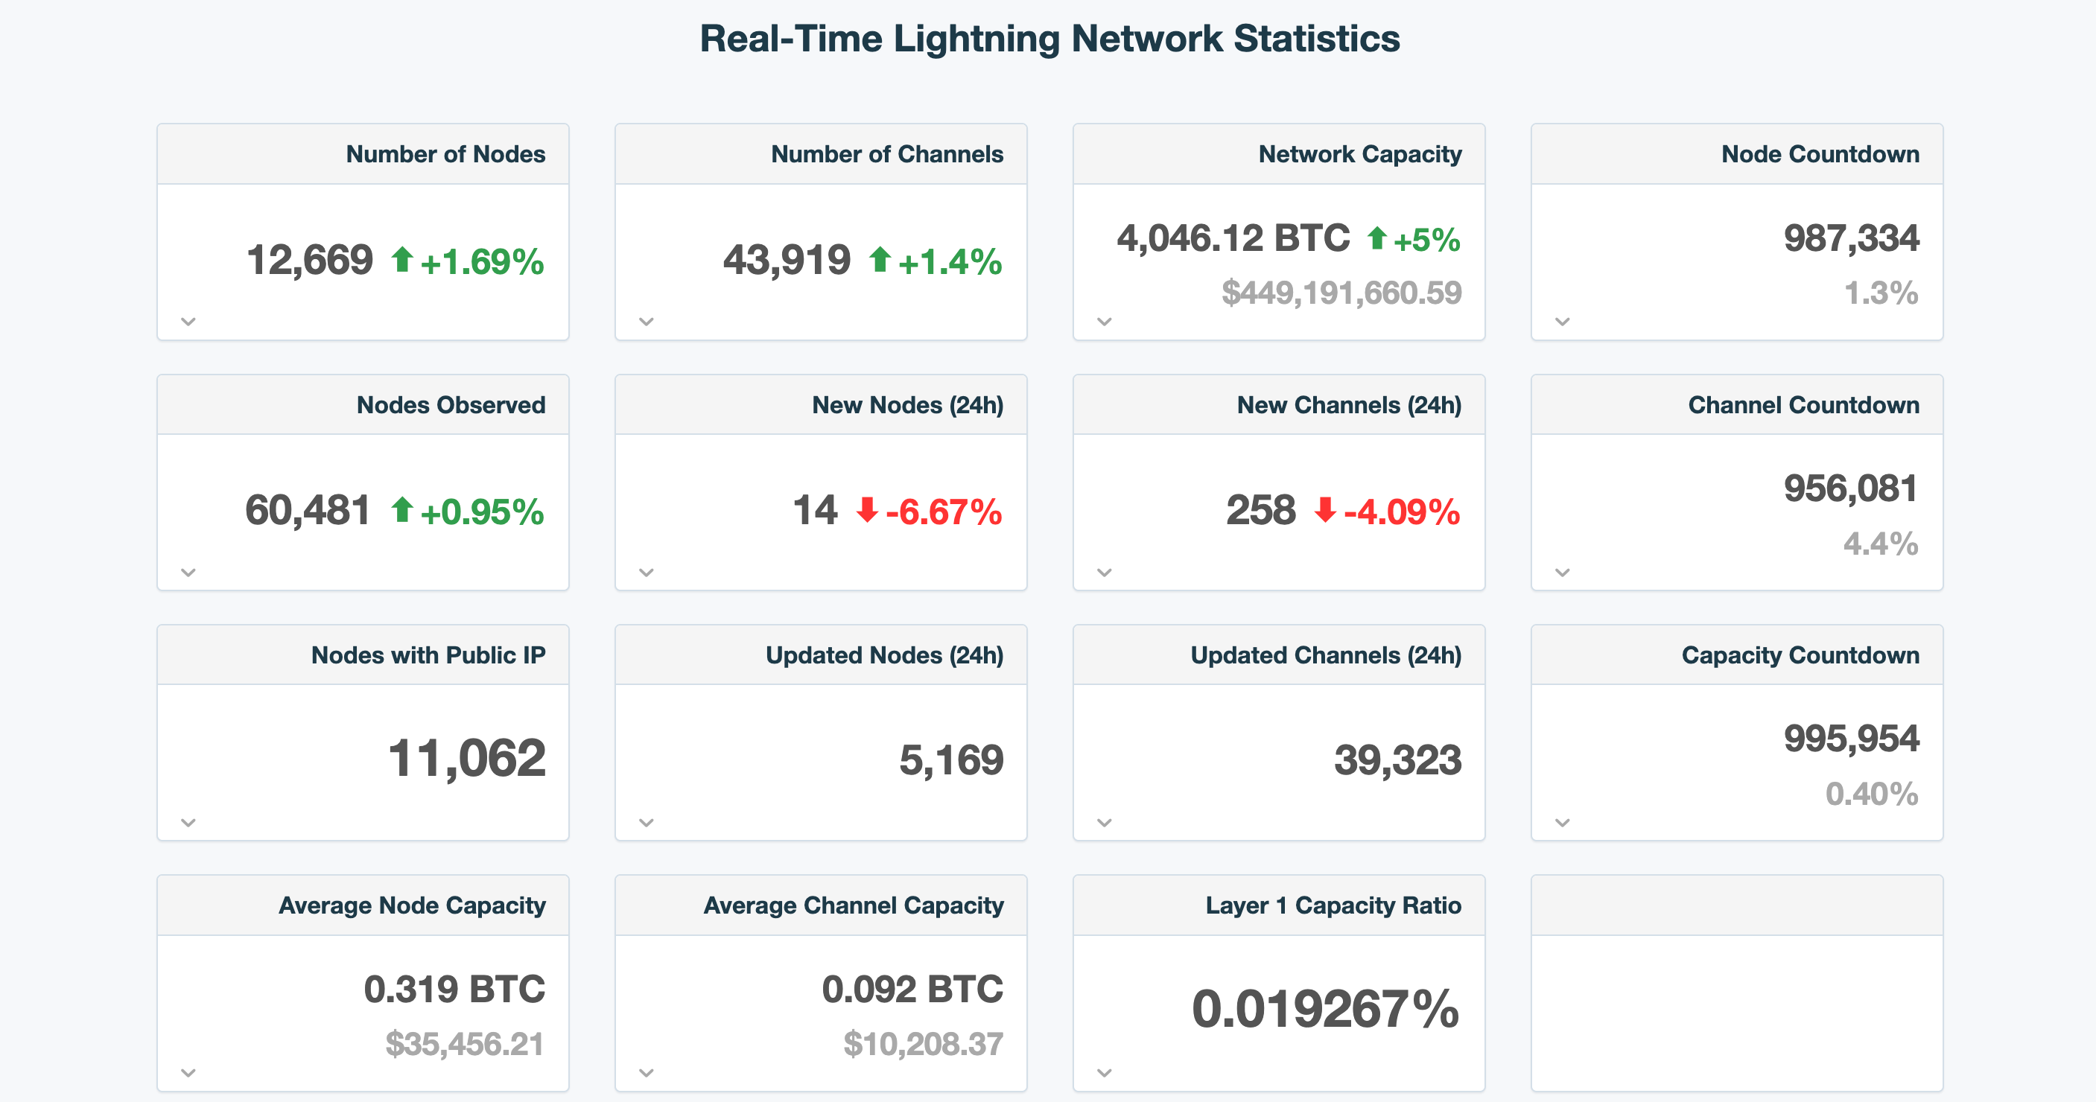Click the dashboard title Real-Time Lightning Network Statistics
(x=1049, y=38)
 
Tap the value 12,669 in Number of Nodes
(x=309, y=261)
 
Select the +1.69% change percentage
(x=482, y=262)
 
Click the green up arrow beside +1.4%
(x=879, y=261)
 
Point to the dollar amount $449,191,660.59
(x=1341, y=293)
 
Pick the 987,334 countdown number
(x=1850, y=238)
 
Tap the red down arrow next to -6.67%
(x=866, y=510)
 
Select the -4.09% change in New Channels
(x=1401, y=512)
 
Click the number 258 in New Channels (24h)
(x=1260, y=511)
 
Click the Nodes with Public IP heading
(x=428, y=654)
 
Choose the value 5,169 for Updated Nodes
(x=950, y=759)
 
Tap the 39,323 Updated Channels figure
(x=1397, y=759)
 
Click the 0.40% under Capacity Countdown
(x=1870, y=794)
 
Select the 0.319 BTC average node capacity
(x=454, y=989)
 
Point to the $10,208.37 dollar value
(x=923, y=1043)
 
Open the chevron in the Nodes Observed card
(x=188, y=573)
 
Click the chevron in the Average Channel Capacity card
(x=647, y=1073)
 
